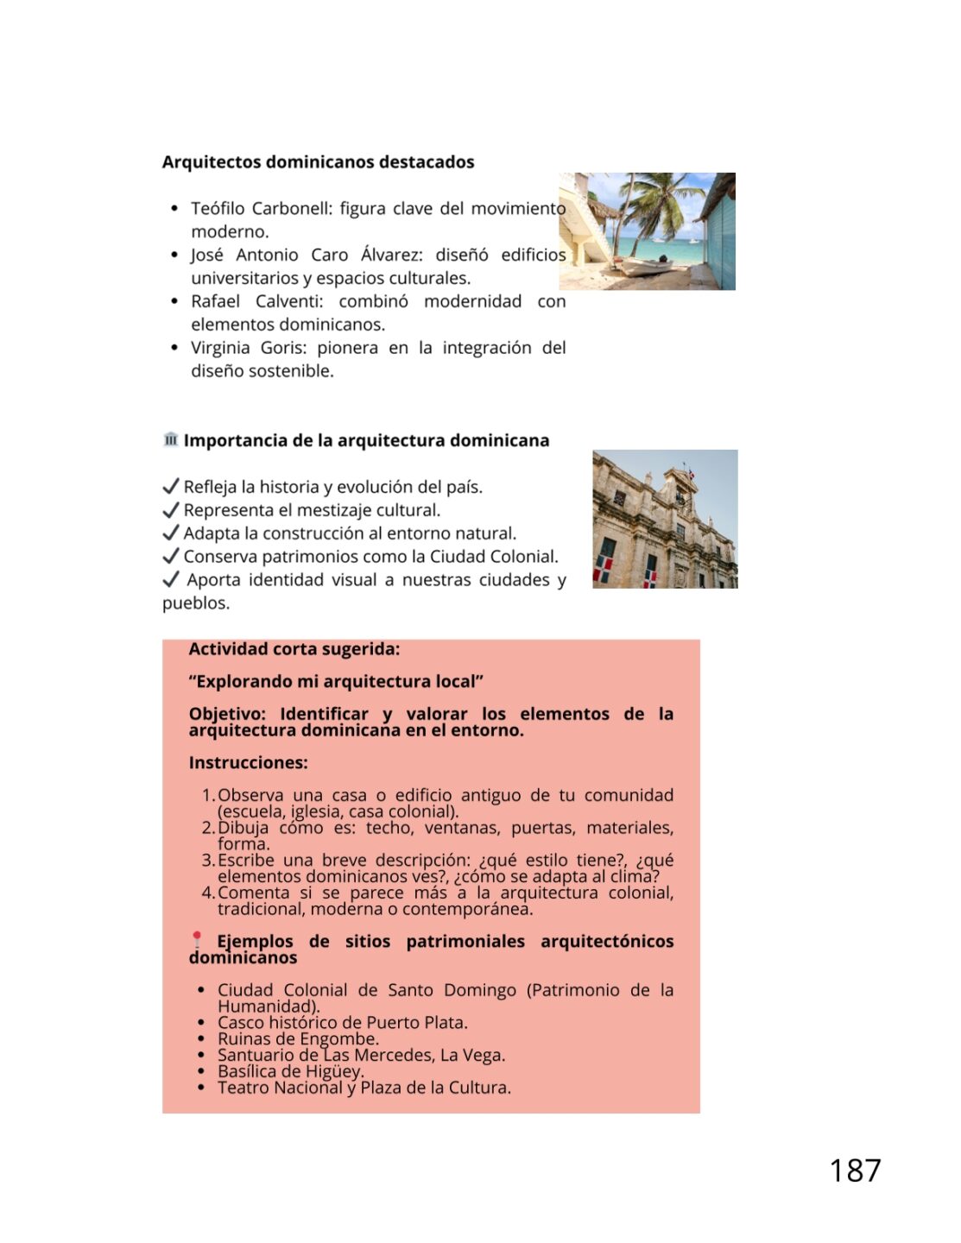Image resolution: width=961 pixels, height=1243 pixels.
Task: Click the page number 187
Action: [x=854, y=1170]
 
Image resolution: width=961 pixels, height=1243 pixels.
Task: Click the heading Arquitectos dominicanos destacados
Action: [x=318, y=162]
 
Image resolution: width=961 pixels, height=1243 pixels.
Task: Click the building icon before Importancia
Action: [x=170, y=439]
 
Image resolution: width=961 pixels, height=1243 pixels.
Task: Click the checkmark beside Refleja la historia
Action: [x=171, y=487]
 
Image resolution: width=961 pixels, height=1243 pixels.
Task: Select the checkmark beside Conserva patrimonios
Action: [x=171, y=556]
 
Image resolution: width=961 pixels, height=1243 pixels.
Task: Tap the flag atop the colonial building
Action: [x=690, y=471]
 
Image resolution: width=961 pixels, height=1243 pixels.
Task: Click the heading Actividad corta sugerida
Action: [x=294, y=649]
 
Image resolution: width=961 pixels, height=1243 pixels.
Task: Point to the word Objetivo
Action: [x=227, y=714]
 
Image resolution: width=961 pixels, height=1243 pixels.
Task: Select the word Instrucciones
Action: [x=248, y=763]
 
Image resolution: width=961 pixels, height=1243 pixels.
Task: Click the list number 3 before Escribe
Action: [x=207, y=861]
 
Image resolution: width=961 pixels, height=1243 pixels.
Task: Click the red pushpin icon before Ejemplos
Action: [x=197, y=938]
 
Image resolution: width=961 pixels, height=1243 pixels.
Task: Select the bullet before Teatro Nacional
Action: [x=201, y=1088]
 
